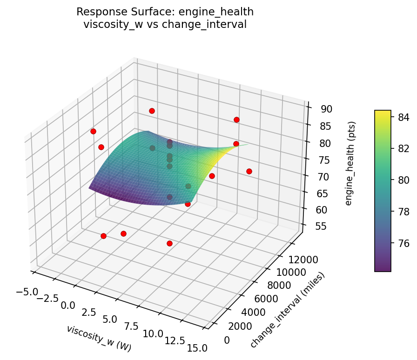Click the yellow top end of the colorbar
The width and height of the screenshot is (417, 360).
[383, 112]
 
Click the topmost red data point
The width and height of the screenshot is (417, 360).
[152, 111]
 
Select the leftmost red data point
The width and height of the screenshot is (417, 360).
[93, 131]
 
